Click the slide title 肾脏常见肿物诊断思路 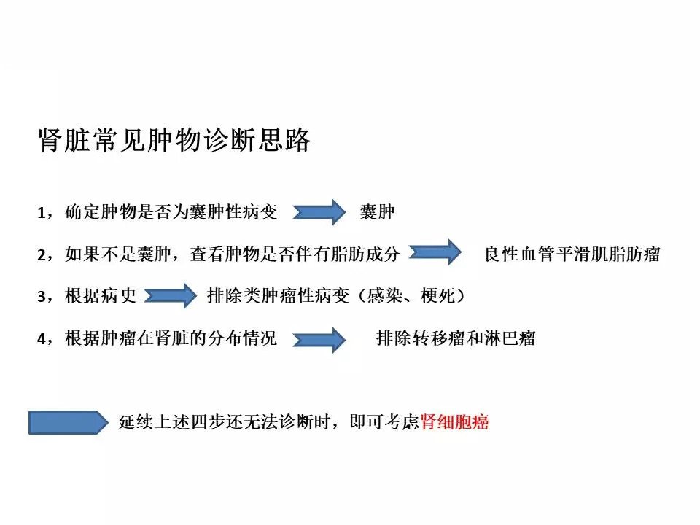(x=174, y=140)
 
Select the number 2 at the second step (x=42, y=255)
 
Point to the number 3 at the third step (x=42, y=297)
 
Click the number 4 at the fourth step (x=42, y=338)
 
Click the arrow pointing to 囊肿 (x=319, y=211)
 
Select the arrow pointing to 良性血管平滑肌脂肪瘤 (x=435, y=252)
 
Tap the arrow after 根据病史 (x=170, y=295)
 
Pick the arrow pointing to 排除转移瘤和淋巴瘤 (x=319, y=340)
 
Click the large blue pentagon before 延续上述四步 (x=69, y=422)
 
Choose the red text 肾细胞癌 (x=454, y=421)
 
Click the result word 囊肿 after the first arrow (x=377, y=211)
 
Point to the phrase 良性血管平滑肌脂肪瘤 (x=572, y=254)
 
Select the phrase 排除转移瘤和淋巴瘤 (x=456, y=338)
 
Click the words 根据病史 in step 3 (x=101, y=295)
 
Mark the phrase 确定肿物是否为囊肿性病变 (x=171, y=211)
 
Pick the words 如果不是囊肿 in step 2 (x=118, y=254)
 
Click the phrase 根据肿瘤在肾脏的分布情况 (x=171, y=338)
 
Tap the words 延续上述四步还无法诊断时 (x=225, y=421)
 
